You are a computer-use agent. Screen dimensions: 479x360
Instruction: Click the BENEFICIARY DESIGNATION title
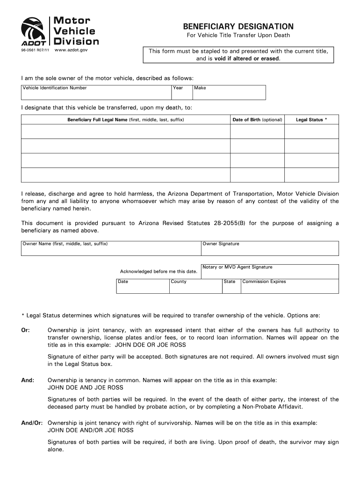click(238, 26)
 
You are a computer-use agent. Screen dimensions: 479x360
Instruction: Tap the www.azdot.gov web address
click(71, 50)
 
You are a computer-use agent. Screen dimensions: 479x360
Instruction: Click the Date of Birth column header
click(257, 120)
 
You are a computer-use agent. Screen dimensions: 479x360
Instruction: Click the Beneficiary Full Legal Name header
click(125, 120)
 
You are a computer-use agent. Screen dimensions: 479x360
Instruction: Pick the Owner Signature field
click(270, 249)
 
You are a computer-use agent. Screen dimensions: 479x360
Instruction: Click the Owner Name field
click(111, 249)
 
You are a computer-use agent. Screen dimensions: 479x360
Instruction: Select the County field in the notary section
click(195, 286)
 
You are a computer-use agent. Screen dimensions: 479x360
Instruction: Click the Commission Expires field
click(289, 286)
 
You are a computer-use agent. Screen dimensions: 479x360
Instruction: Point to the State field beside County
click(231, 286)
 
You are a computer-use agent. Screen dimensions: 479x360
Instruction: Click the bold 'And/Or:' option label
click(32, 422)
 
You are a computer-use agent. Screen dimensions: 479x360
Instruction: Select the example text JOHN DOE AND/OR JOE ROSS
click(91, 430)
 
